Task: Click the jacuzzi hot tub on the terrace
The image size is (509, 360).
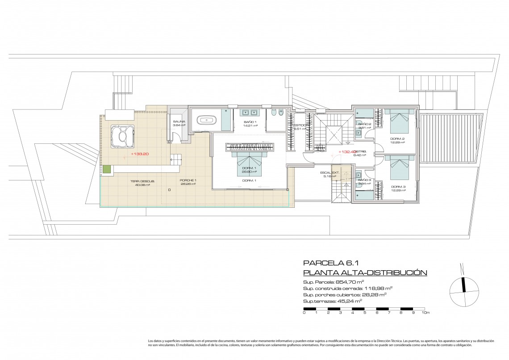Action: (x=122, y=136)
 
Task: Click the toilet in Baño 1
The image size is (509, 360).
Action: (x=280, y=113)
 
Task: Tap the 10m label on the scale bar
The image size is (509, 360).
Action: (x=427, y=313)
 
